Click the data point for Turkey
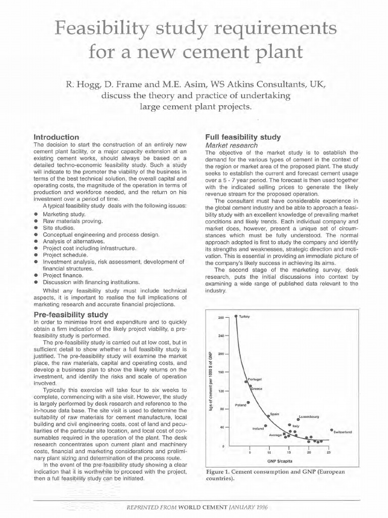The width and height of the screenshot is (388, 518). pyautogui.click(x=236, y=317)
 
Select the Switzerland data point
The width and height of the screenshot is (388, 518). pyautogui.click(x=331, y=430)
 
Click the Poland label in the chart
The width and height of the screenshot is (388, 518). pyautogui.click(x=240, y=405)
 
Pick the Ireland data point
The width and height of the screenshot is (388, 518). pyautogui.click(x=266, y=425)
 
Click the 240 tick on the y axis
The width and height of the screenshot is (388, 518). pyautogui.click(x=221, y=335)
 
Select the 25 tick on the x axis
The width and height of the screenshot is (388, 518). pyautogui.click(x=328, y=453)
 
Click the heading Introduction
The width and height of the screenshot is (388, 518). pyautogui.click(x=56, y=137)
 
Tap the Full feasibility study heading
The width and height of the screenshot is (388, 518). pyautogui.click(x=243, y=137)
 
